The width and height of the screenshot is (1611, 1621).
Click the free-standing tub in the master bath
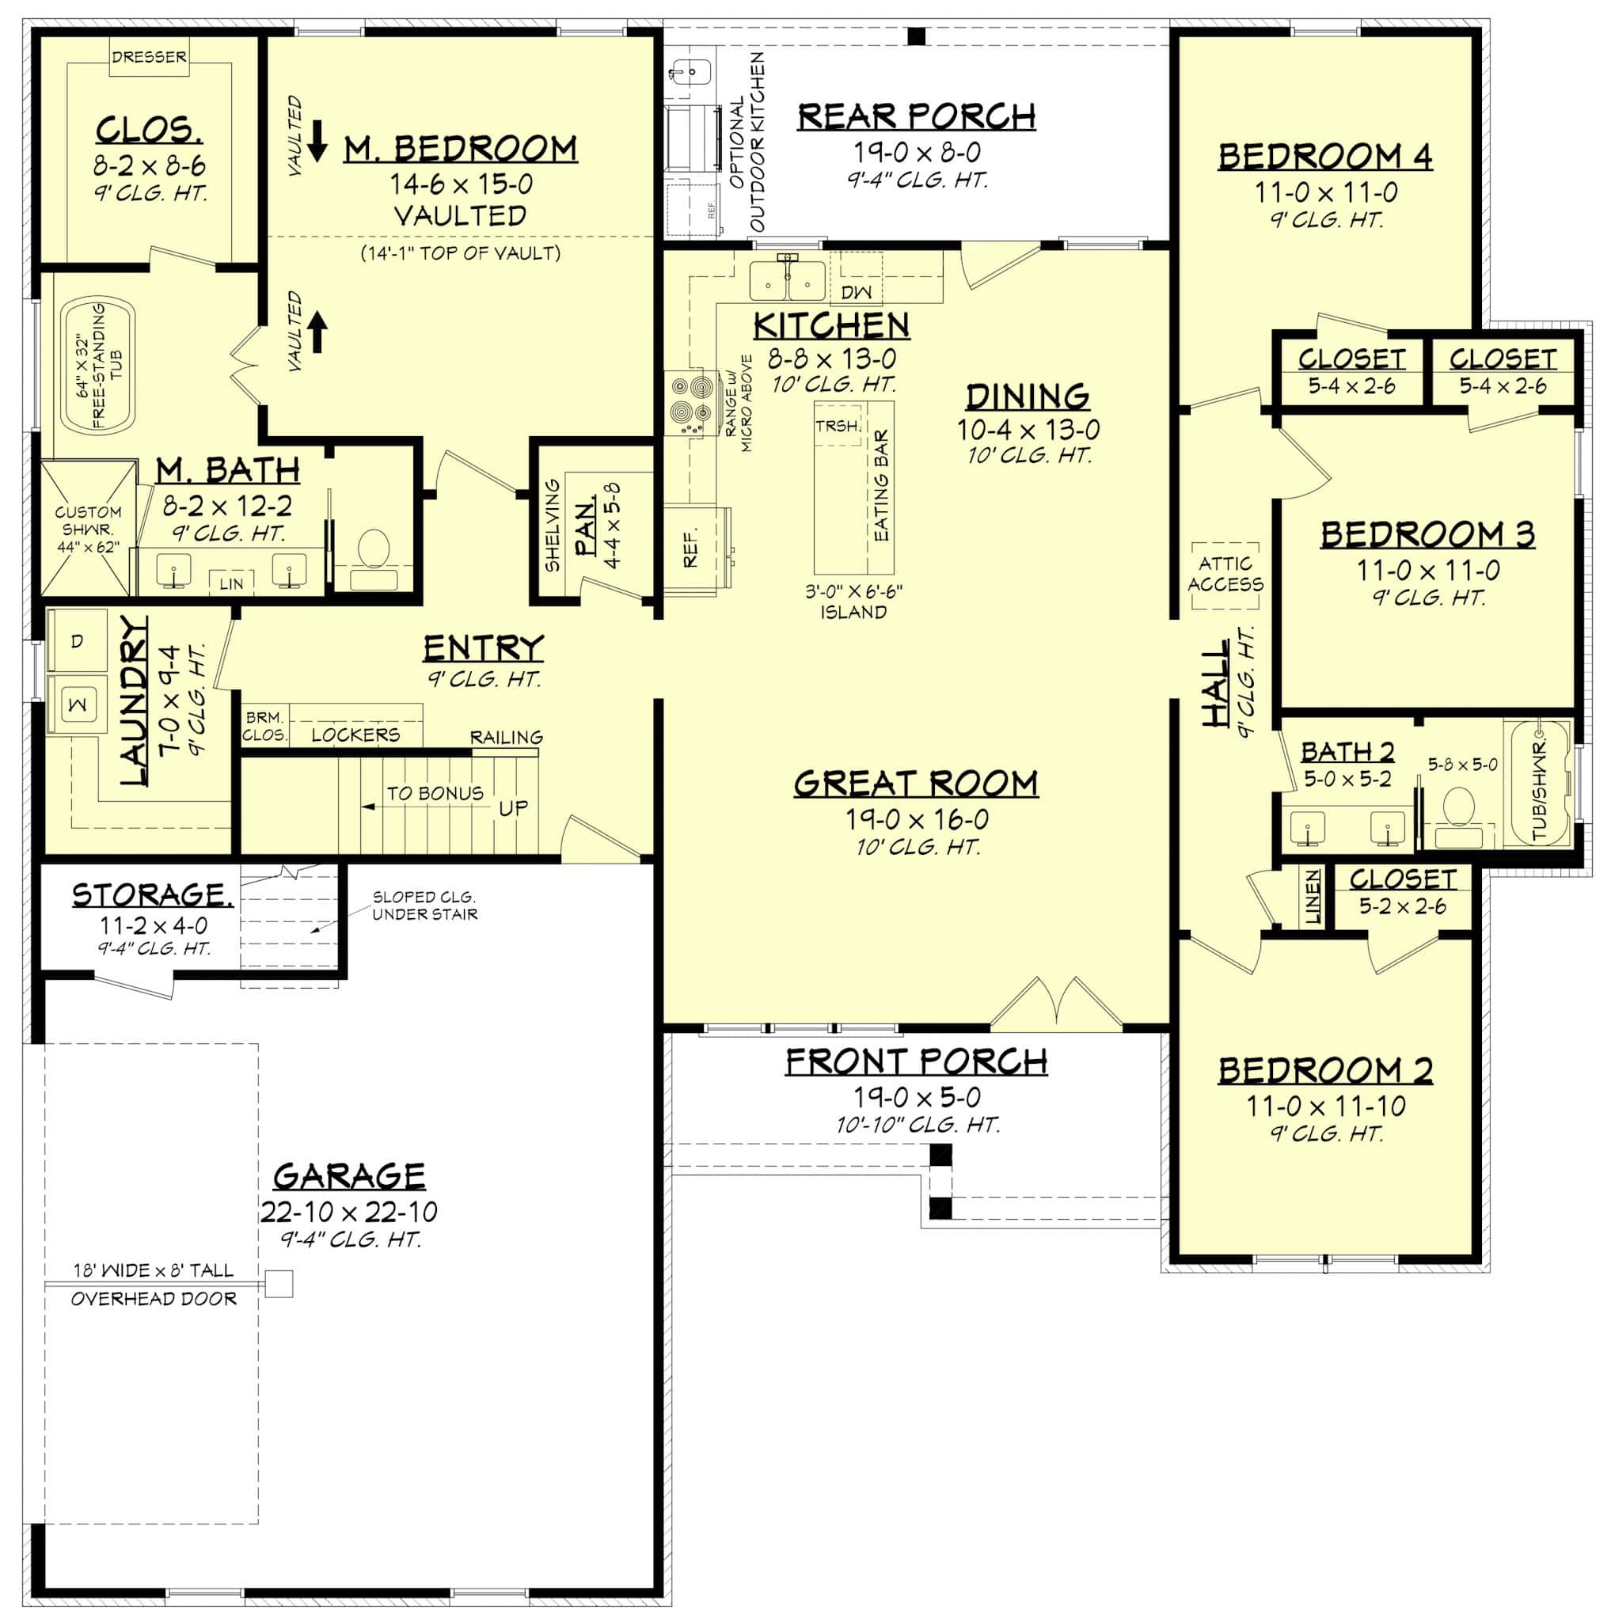(x=99, y=365)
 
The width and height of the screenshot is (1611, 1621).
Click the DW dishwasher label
(x=856, y=291)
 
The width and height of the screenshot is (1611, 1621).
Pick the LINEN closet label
(x=1313, y=897)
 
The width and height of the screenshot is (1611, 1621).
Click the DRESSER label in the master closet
(x=150, y=57)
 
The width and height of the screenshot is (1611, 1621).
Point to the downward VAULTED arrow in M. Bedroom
(x=317, y=140)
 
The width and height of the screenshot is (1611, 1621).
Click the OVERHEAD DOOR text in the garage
(x=154, y=1299)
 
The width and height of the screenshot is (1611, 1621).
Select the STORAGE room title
(x=153, y=894)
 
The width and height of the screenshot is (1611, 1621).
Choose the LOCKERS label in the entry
(x=355, y=735)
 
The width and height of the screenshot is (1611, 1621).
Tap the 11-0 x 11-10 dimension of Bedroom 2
(x=1325, y=1106)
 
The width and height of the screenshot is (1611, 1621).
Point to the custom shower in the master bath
(x=88, y=529)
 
